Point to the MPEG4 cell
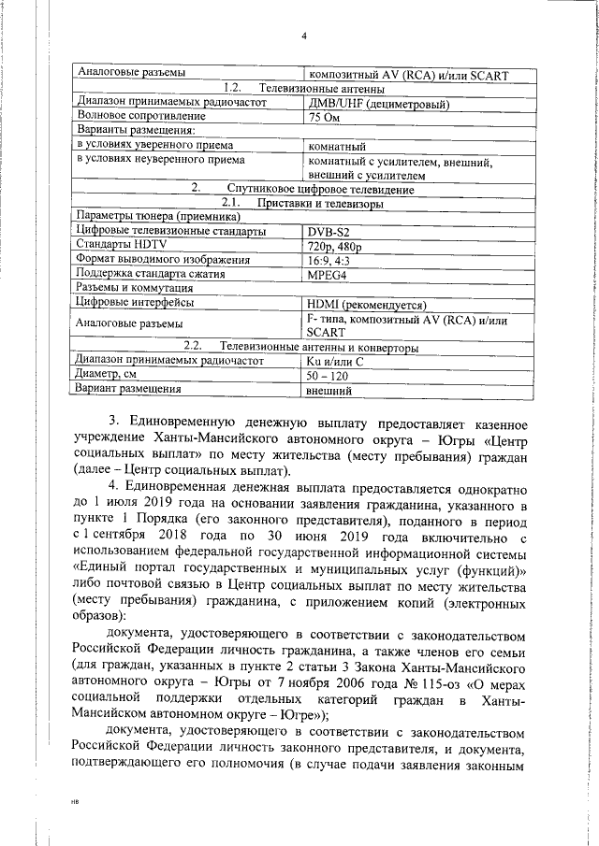click(329, 275)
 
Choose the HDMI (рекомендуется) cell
click(366, 303)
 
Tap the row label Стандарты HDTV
click(125, 245)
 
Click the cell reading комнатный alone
click(337, 147)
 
